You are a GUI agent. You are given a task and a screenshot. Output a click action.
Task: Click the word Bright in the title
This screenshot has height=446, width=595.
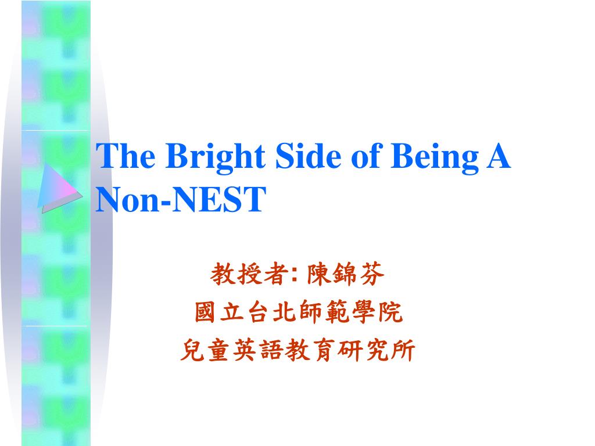[215, 157]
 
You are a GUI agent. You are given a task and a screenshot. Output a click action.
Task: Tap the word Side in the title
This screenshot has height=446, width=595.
[308, 156]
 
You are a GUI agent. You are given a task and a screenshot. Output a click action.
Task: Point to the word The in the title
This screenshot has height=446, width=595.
[126, 156]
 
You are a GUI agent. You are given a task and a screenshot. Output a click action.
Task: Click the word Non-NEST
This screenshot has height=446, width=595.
[181, 199]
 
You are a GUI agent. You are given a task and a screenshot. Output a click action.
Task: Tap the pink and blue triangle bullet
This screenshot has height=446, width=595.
[59, 188]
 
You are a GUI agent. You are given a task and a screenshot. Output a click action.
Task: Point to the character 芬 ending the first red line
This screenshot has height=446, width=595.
[372, 274]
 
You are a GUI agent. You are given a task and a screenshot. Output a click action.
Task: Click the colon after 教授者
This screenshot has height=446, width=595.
[295, 275]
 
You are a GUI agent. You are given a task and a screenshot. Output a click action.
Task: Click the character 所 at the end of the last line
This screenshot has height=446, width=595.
[403, 350]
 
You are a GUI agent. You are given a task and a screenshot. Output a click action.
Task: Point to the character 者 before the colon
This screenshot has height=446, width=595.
[275, 274]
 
